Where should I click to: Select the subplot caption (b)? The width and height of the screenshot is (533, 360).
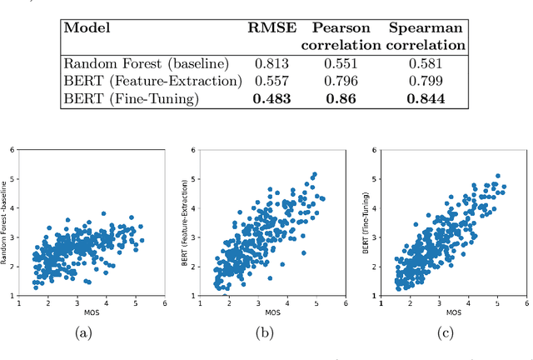click(x=264, y=334)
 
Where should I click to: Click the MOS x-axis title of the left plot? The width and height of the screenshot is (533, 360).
click(x=92, y=312)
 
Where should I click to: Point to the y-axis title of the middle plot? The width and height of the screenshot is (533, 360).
click(x=184, y=222)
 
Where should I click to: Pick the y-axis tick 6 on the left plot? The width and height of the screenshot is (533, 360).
click(x=12, y=150)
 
